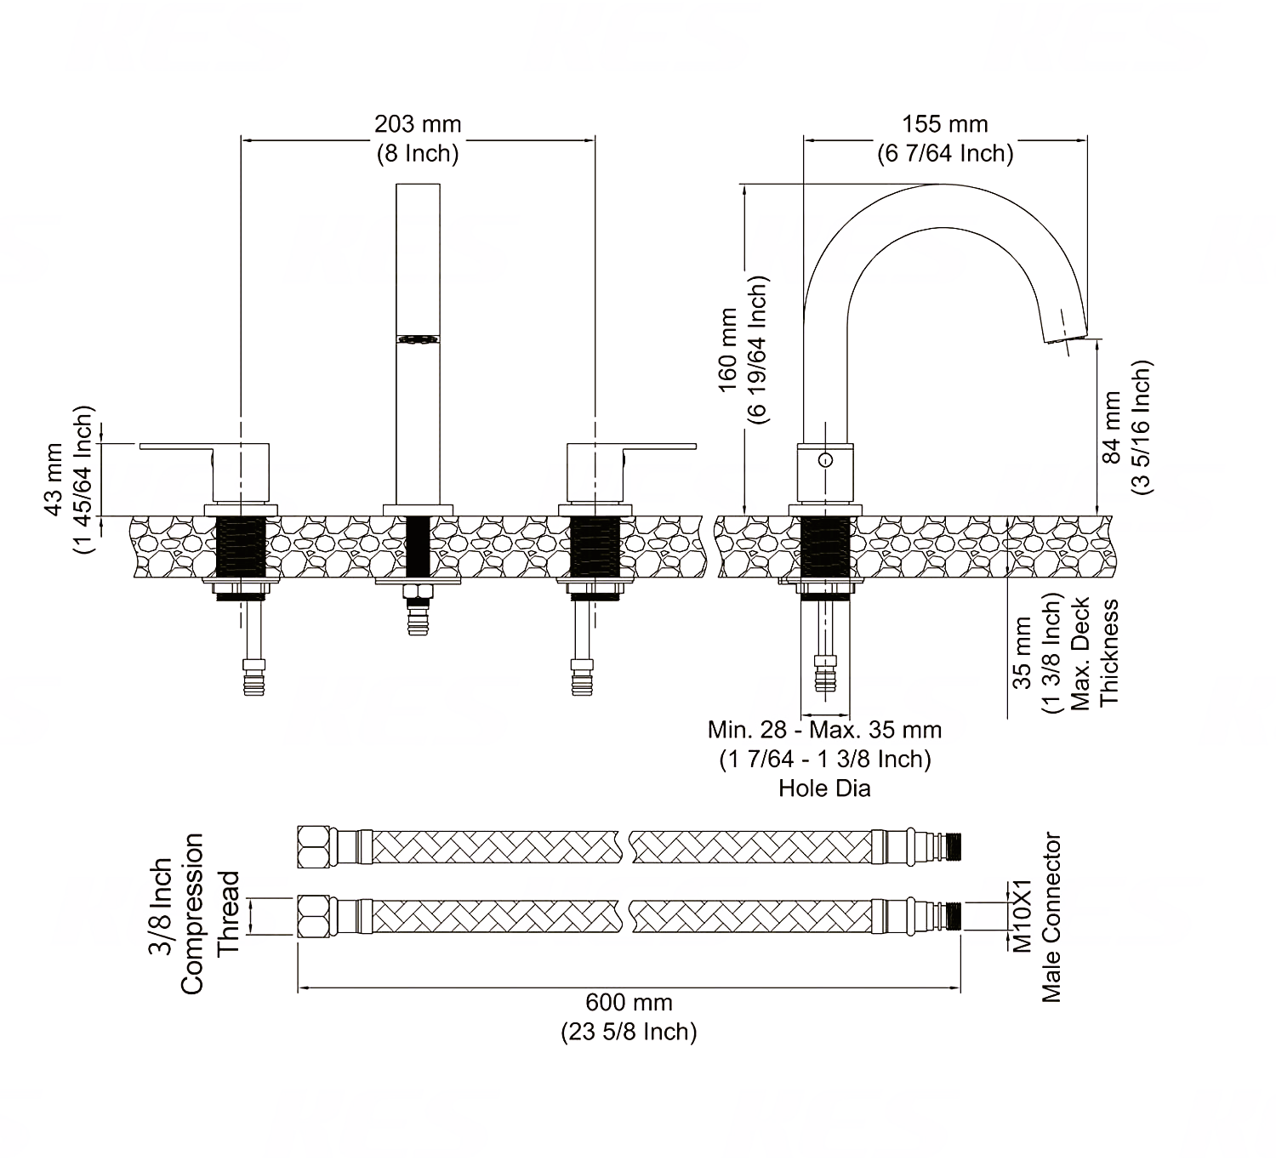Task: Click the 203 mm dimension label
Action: tap(418, 124)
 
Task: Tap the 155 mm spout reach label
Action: tap(944, 124)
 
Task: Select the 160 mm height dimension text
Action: tap(727, 350)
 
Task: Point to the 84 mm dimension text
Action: tap(1111, 427)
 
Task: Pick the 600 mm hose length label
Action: tap(629, 1003)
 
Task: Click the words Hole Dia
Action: tap(824, 788)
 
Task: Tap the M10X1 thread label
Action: tap(1022, 916)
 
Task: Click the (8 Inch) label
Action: tap(418, 153)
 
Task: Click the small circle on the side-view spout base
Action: tap(826, 460)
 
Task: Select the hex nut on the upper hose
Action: tap(314, 846)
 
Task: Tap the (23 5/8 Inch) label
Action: tap(629, 1031)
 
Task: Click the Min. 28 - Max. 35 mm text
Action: tap(824, 730)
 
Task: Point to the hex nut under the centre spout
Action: tap(418, 592)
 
